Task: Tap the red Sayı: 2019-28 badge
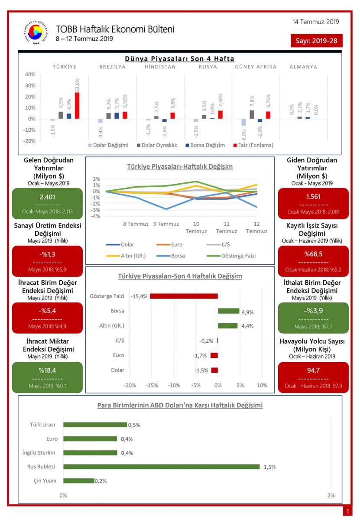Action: tap(317, 41)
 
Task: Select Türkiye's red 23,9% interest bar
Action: tap(77, 105)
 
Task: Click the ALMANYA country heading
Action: tap(303, 67)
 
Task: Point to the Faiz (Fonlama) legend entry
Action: tap(253, 145)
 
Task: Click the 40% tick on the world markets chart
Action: tap(30, 75)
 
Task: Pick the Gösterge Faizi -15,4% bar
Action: tap(184, 296)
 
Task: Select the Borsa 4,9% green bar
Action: tap(228, 311)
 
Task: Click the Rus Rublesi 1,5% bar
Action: tap(161, 467)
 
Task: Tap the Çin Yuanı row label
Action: tap(45, 481)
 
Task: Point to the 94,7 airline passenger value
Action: tap(313, 370)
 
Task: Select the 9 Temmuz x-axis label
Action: tap(165, 224)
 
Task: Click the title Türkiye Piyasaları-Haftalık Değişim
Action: tap(180, 166)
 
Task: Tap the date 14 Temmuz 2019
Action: tap(315, 22)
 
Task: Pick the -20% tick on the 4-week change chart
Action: tap(130, 385)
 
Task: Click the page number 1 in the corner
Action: tap(347, 512)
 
